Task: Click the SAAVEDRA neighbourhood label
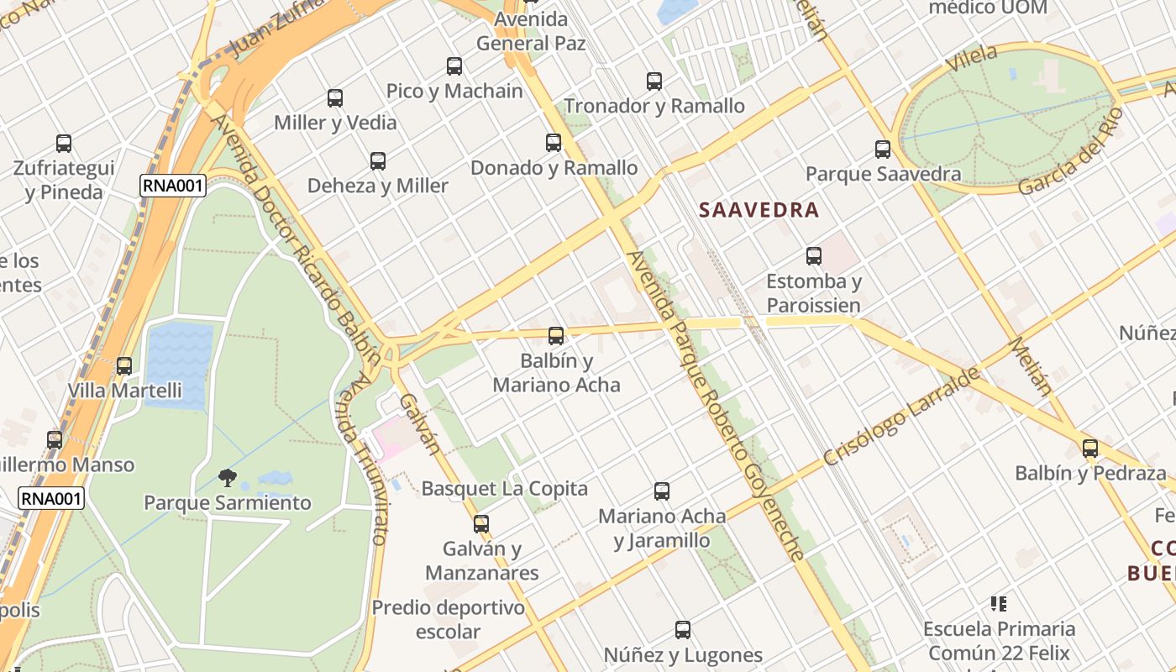point(759,210)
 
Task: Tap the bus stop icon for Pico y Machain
point(454,66)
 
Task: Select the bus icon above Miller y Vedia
point(335,98)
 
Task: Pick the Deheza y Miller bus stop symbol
point(378,161)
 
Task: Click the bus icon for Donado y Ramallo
point(553,143)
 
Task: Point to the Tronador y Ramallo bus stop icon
point(654,81)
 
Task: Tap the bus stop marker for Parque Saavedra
point(883,150)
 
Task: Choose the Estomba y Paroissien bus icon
point(813,256)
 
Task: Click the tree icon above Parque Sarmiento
point(227,478)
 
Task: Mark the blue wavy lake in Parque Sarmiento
point(179,365)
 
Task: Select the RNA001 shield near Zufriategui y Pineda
point(172,186)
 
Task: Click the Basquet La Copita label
point(504,488)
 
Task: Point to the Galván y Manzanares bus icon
point(481,524)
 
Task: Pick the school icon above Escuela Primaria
point(999,603)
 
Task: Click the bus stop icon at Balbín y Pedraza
point(1090,449)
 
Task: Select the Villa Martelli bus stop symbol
point(124,366)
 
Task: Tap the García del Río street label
point(1070,152)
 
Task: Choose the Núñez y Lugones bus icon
point(683,630)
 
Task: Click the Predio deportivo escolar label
point(449,619)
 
